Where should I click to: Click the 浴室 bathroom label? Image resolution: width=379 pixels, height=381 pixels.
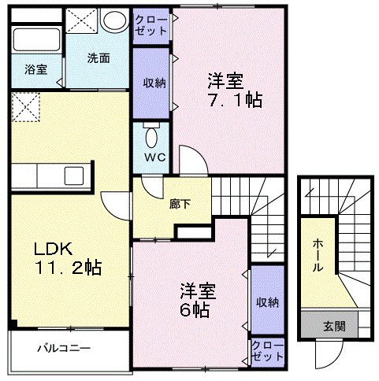coord(35,69)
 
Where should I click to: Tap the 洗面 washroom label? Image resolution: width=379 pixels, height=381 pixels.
coord(98,57)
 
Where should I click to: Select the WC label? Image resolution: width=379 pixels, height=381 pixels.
coord(152,156)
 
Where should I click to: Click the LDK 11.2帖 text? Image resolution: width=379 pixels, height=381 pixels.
coord(66,257)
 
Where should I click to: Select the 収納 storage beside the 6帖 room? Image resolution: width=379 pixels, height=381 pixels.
coord(266,301)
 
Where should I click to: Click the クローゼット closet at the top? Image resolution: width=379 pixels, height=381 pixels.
coord(150,25)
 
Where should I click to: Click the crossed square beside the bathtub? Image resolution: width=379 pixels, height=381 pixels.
coord(81,20)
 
